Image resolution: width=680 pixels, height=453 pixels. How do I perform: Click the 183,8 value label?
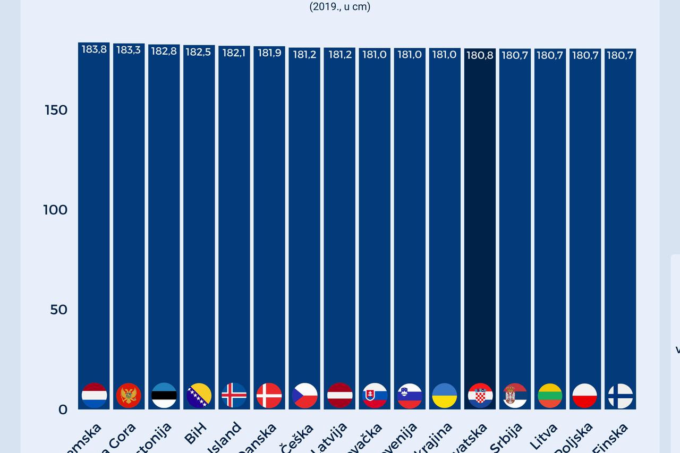pyautogui.click(x=94, y=50)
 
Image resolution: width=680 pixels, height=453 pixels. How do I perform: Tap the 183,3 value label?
pyautogui.click(x=129, y=50)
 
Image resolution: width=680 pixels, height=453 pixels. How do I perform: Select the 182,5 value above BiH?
pyautogui.click(x=199, y=52)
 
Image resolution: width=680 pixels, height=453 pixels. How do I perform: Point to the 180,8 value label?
pyautogui.click(x=480, y=55)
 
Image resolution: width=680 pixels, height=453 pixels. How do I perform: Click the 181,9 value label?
pyautogui.click(x=269, y=53)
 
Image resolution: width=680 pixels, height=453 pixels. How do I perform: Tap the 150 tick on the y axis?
pyautogui.click(x=55, y=110)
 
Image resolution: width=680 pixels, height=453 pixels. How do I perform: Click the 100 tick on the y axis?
pyautogui.click(x=55, y=210)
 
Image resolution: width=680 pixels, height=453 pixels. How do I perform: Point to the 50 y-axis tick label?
pyautogui.click(x=58, y=310)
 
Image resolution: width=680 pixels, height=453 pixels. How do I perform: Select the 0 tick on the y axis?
pyautogui.click(x=63, y=409)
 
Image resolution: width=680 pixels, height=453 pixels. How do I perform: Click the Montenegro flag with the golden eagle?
pyautogui.click(x=129, y=396)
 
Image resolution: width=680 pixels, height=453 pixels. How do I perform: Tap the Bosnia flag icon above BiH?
pyautogui.click(x=199, y=396)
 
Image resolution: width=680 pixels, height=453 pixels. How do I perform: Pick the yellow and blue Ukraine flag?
pyautogui.click(x=445, y=396)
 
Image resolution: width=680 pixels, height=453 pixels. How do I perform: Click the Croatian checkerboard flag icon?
pyautogui.click(x=480, y=396)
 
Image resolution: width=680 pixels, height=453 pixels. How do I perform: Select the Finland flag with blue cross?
pyautogui.click(x=620, y=396)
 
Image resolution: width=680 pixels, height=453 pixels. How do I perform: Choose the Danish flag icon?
pyautogui.click(x=269, y=396)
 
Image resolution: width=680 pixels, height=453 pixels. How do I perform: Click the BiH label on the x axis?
pyautogui.click(x=195, y=433)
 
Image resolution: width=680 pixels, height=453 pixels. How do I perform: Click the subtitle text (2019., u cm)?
pyautogui.click(x=340, y=7)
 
